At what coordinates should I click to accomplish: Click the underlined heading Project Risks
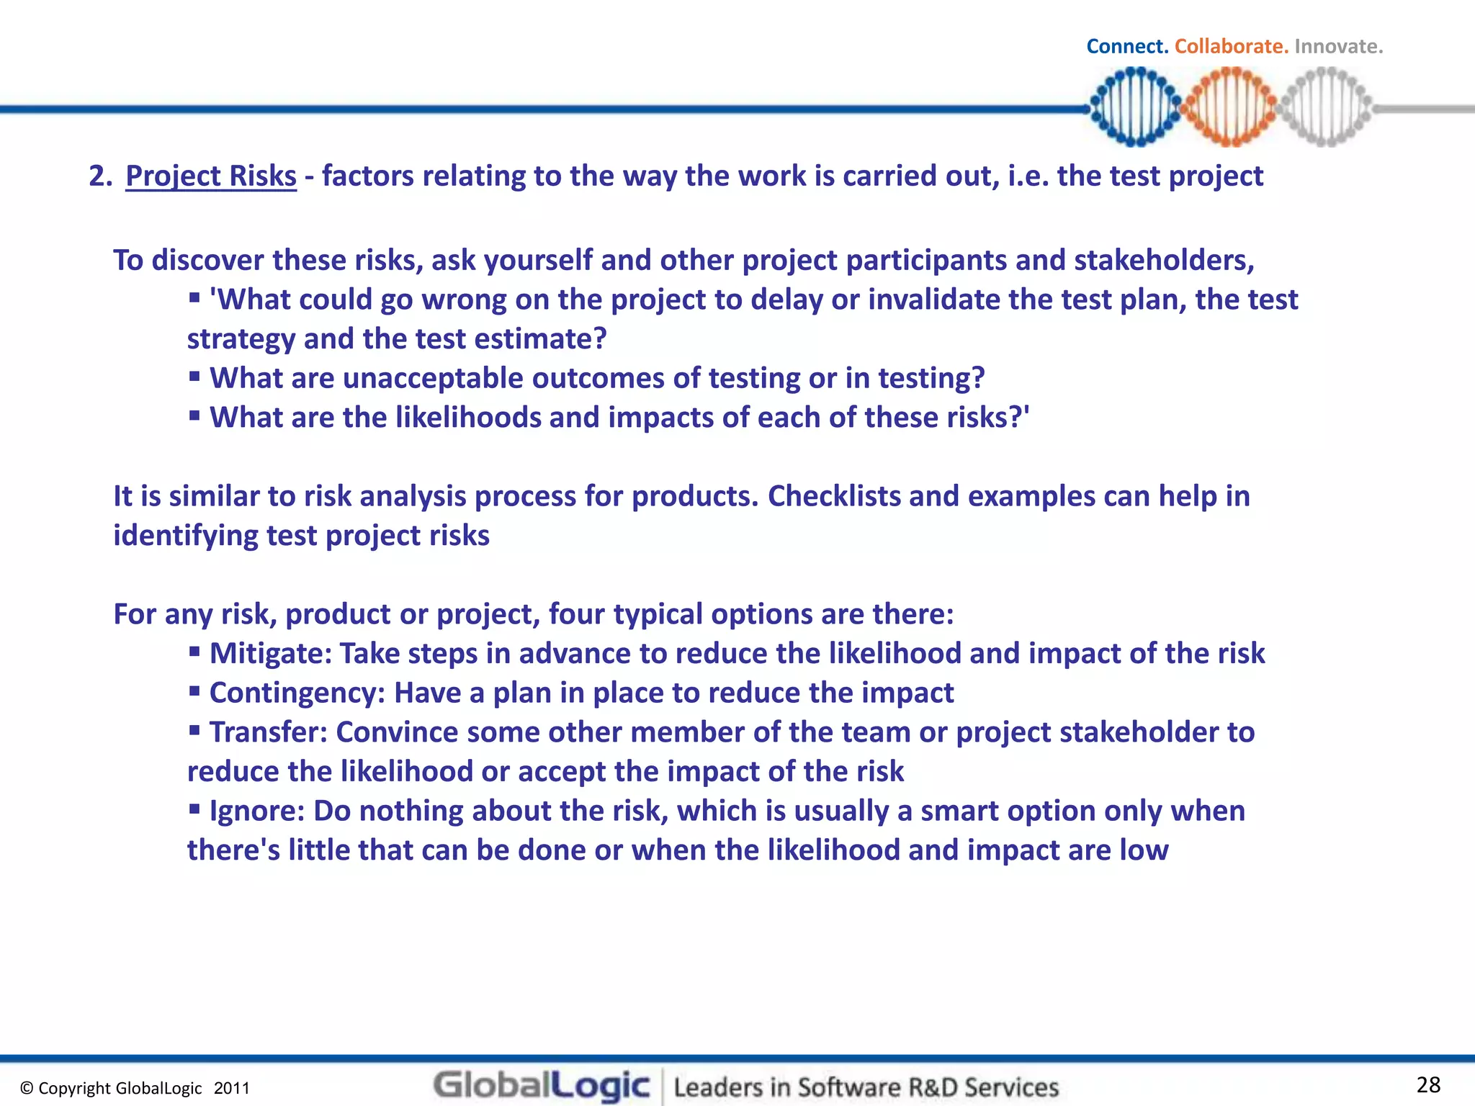[210, 176]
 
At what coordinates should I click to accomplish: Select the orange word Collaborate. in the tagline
[1231, 47]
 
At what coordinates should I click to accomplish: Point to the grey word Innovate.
[1338, 47]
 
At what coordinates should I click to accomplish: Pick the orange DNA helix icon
[1231, 107]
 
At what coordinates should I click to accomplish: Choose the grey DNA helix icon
[1326, 107]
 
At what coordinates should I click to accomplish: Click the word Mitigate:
[271, 654]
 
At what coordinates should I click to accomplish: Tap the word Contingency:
[297, 693]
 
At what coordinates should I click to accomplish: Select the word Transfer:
[269, 732]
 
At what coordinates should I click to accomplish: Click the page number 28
[1428, 1084]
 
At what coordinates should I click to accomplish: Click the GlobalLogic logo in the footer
[542, 1085]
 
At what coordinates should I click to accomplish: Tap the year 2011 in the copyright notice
[231, 1088]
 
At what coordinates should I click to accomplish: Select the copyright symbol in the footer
[27, 1089]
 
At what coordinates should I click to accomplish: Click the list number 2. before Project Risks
[101, 176]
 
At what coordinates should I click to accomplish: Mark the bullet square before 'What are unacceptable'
[194, 376]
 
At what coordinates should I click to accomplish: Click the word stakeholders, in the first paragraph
[1164, 261]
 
